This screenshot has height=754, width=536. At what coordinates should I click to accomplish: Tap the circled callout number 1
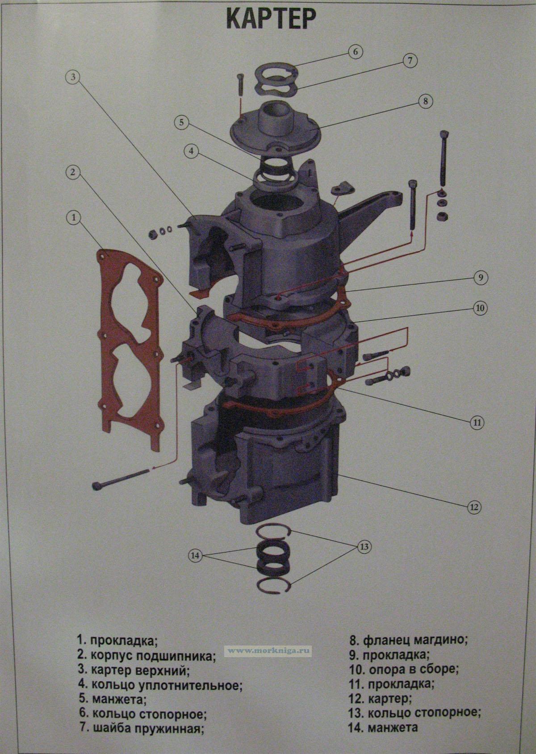point(74,218)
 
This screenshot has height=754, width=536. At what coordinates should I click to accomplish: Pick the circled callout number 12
point(474,517)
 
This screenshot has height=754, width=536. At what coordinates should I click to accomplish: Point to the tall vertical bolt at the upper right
point(444,158)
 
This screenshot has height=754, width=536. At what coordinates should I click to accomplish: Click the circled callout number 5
point(182,123)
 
